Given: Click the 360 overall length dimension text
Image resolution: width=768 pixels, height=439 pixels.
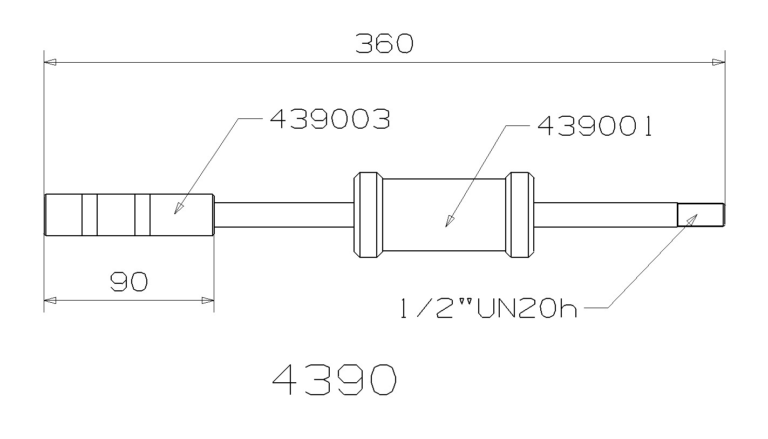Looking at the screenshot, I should [x=384, y=44].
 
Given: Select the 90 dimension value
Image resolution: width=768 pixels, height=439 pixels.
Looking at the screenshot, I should [x=128, y=282].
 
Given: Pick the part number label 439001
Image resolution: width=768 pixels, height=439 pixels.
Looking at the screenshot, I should [x=594, y=127].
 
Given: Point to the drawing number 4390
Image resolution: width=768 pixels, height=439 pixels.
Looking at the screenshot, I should [x=335, y=380].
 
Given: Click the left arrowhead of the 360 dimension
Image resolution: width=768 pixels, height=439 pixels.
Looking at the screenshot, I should [x=50, y=62].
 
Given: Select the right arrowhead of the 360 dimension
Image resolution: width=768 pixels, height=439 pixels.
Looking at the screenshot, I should [x=718, y=62].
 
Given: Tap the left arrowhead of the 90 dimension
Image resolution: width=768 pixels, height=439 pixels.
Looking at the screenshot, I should [x=50, y=300].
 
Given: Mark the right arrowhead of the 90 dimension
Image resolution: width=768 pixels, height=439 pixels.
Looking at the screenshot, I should [x=208, y=300].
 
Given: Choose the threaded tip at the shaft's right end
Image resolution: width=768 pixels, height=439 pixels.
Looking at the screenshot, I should [x=701, y=215].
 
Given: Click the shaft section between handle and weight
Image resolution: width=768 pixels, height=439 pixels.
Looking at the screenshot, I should [x=283, y=215].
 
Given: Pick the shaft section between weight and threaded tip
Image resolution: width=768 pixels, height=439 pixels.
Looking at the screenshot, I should [x=604, y=215].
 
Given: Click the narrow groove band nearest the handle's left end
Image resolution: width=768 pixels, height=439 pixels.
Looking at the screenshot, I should [x=90, y=215].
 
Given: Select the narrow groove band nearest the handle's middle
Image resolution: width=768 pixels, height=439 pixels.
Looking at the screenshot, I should [x=142, y=215].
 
